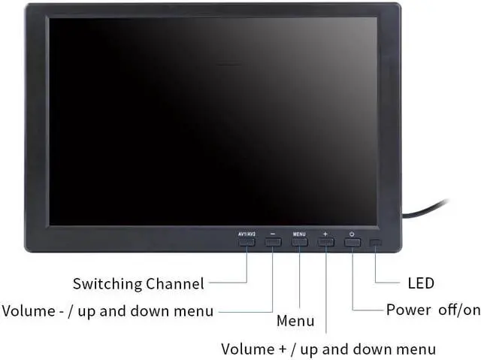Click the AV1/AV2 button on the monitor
pyautogui.click(x=247, y=242)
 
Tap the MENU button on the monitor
pyautogui.click(x=299, y=242)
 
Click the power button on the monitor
pyautogui.click(x=352, y=242)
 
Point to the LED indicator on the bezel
pyautogui.click(x=376, y=243)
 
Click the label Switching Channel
pyautogui.click(x=138, y=284)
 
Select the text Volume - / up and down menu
pyautogui.click(x=107, y=310)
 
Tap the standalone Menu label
pyautogui.click(x=295, y=322)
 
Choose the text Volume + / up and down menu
pyautogui.click(x=328, y=349)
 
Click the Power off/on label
pyautogui.click(x=432, y=310)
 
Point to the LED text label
pyautogui.click(x=420, y=283)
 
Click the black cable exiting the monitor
pyautogui.click(x=428, y=209)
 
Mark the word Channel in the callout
pyautogui.click(x=174, y=284)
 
